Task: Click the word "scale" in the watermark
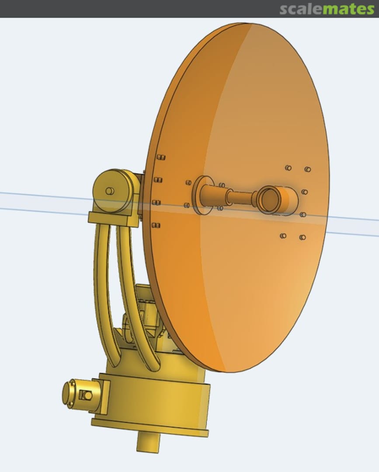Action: pos(301,9)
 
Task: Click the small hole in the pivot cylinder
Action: pos(109,191)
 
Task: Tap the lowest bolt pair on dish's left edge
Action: pos(155,226)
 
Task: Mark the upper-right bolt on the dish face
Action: pos(308,169)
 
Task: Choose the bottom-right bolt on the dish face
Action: pos(303,237)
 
